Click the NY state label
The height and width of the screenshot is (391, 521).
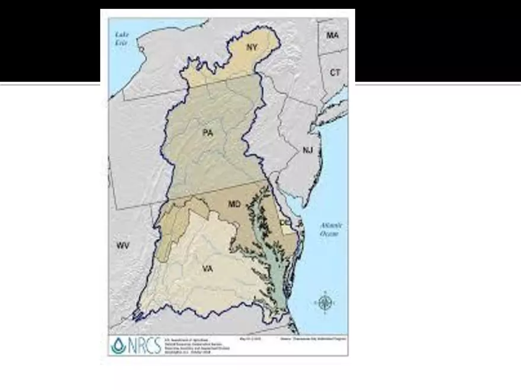point(252,47)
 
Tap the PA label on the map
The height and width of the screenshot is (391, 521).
point(207,133)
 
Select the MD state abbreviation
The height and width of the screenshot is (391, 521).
point(234,204)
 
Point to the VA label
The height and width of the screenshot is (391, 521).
point(207,269)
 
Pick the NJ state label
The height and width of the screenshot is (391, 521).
point(307,150)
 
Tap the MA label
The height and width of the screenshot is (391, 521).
point(333,36)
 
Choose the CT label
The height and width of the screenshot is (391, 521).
point(335,73)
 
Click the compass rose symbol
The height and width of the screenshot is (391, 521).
point(324,303)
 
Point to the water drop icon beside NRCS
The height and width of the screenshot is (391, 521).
point(118,345)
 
